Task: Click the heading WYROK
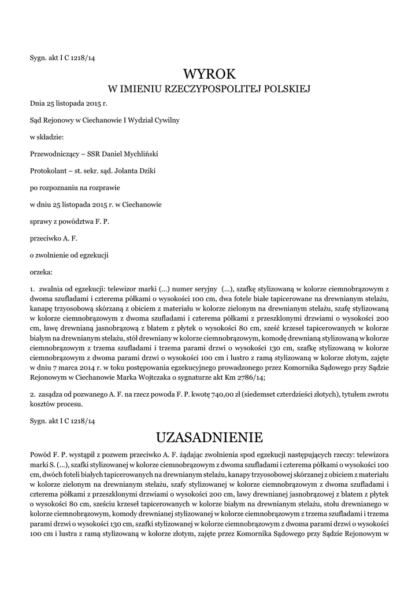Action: pos(210,73)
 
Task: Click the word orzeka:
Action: pos(41,271)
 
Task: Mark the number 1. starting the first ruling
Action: pos(32,288)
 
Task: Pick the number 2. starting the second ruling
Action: pos(32,393)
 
